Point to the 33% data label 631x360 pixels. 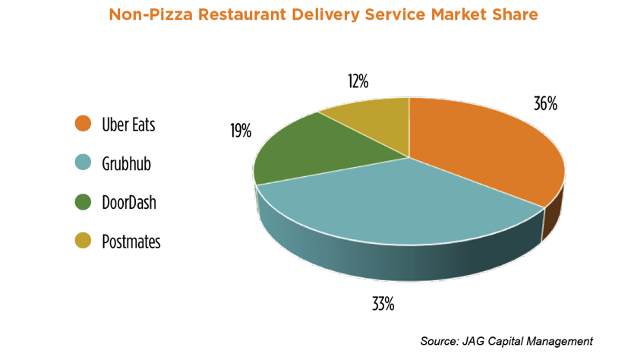click(383, 305)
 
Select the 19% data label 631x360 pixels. click(241, 131)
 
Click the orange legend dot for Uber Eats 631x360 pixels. click(84, 124)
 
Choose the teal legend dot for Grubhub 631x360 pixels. click(84, 163)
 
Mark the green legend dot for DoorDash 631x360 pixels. click(84, 202)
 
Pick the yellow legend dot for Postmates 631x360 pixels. click(84, 242)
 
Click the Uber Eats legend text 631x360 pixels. click(128, 124)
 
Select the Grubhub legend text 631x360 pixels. click(127, 163)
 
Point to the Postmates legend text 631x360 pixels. click(131, 242)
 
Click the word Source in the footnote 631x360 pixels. click(440, 341)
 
